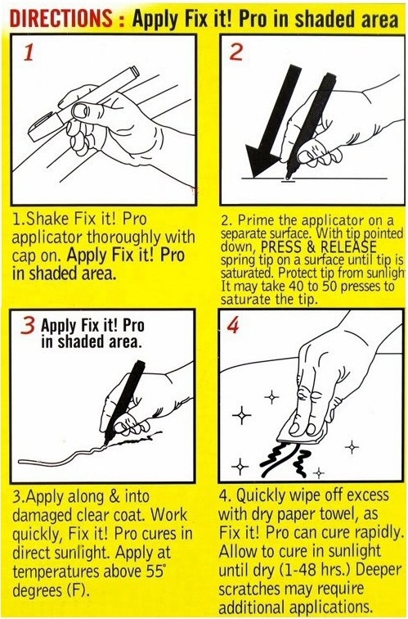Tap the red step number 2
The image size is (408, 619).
pyautogui.click(x=238, y=54)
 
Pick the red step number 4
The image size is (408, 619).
pyautogui.click(x=234, y=325)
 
